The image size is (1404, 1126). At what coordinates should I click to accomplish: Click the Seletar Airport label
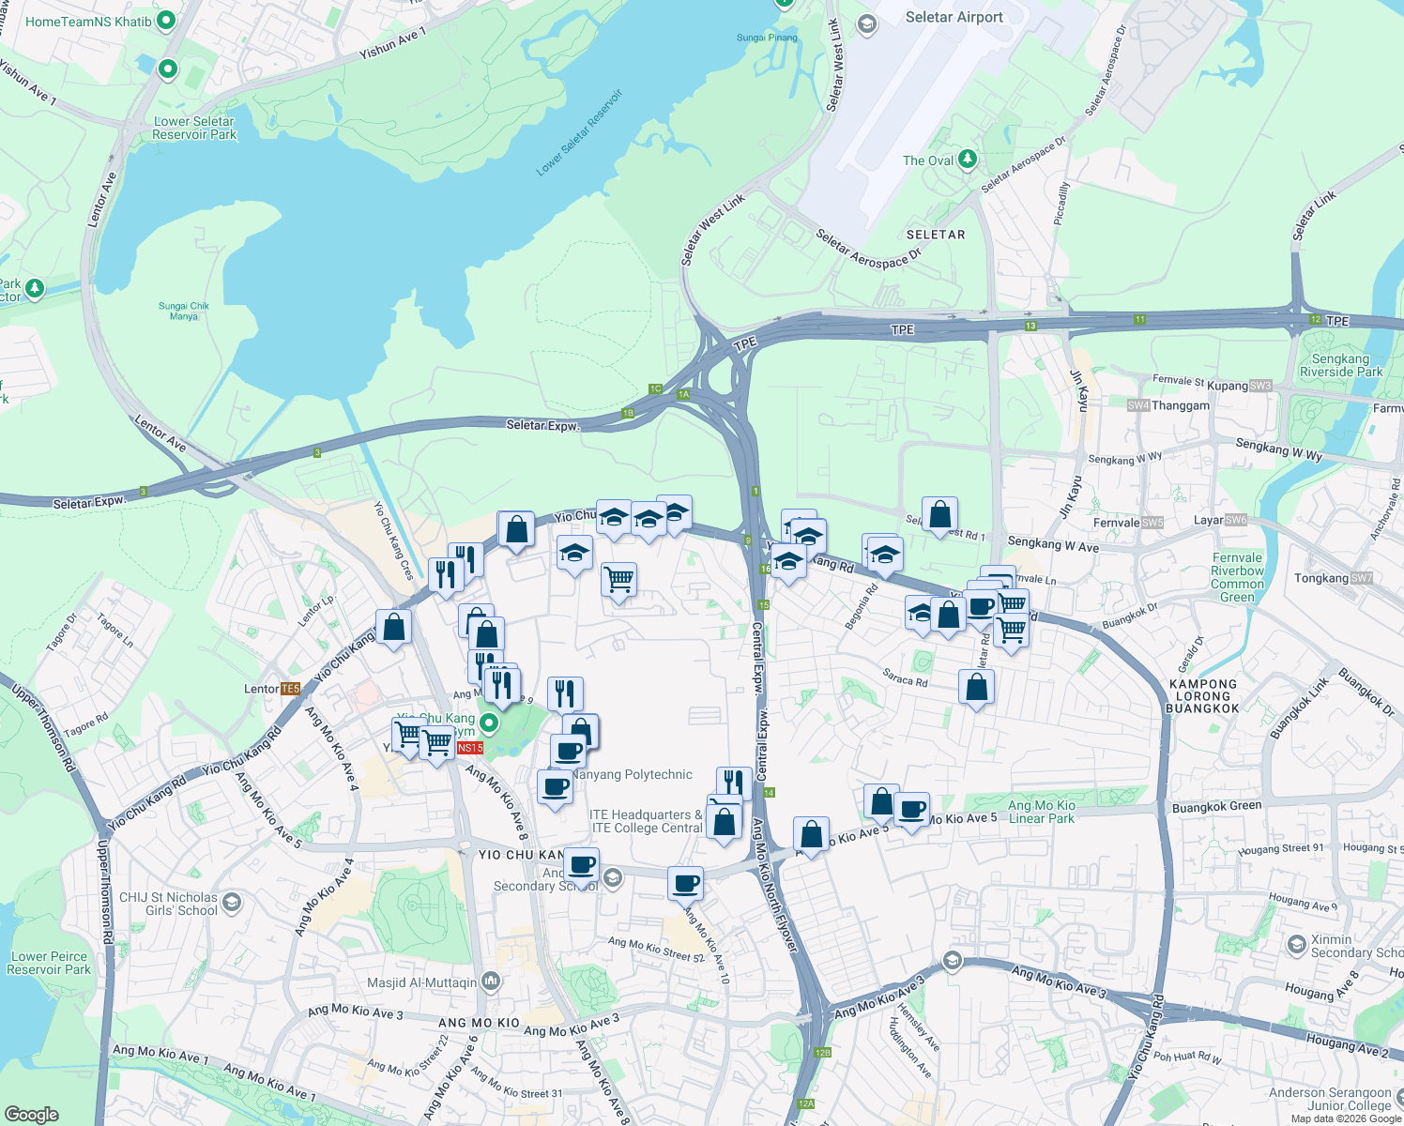pos(954,18)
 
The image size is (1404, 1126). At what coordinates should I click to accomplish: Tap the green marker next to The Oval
pos(968,160)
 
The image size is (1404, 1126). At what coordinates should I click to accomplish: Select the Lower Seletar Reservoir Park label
pos(194,129)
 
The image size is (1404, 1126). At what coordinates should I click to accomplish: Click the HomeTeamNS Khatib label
pos(88,22)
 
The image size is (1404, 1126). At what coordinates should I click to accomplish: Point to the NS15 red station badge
pos(470,748)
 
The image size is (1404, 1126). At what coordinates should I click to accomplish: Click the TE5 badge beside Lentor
pos(290,689)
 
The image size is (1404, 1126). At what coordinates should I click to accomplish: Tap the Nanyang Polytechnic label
pos(632,775)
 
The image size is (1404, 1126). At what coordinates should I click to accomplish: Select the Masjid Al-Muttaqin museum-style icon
pos(491,981)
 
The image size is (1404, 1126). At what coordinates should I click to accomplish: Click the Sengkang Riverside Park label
pos(1340,366)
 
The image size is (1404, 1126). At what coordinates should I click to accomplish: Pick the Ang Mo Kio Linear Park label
pos(1041,812)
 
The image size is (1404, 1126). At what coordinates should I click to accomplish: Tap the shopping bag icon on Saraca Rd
pos(976,687)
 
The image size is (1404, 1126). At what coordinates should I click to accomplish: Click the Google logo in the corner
pos(31,1115)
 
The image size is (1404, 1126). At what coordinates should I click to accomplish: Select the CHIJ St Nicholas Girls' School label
pos(169,904)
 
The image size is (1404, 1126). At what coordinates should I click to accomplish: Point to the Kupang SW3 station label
pos(1239,386)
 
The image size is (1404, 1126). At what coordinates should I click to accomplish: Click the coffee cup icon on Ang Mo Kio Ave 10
pos(685,883)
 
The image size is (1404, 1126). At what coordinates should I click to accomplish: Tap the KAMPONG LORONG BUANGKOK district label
pos(1202,696)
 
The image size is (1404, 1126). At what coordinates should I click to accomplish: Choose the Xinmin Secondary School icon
pos(1297,944)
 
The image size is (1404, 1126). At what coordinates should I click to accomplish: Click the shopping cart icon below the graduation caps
pos(618,580)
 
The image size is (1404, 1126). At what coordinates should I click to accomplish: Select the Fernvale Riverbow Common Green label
pos(1237,577)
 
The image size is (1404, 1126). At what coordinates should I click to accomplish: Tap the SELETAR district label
pos(936,235)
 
